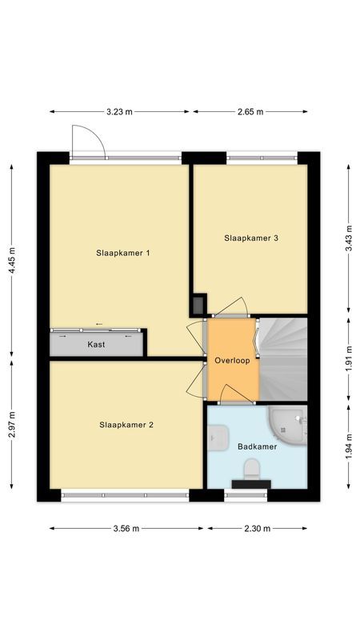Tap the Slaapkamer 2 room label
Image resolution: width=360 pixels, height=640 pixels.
tap(126, 425)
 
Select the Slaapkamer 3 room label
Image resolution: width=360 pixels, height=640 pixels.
tap(251, 238)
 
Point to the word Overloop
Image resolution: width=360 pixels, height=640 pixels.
tap(233, 361)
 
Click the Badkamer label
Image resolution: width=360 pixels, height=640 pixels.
tap(257, 446)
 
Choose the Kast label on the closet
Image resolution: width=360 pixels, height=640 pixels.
tap(97, 345)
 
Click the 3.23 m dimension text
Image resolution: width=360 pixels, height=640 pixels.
tap(120, 112)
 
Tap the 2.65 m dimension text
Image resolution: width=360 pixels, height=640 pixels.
tap(250, 112)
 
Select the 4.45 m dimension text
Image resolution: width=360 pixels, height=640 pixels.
tap(11, 260)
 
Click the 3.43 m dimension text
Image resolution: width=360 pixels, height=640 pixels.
tap(349, 238)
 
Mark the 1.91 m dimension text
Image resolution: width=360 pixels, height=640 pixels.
tap(349, 360)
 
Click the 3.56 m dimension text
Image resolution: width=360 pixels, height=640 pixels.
tap(126, 528)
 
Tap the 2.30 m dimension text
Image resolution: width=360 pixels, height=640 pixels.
tap(257, 528)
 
